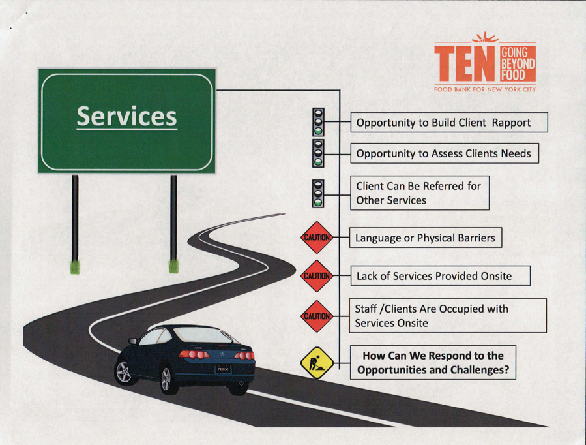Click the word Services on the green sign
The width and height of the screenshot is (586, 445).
pyautogui.click(x=126, y=117)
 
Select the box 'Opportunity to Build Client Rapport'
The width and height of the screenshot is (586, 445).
pyautogui.click(x=449, y=122)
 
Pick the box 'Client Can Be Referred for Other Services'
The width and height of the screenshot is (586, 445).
pyautogui.click(x=420, y=193)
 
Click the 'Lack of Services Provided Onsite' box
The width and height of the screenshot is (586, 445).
pyautogui.click(x=440, y=276)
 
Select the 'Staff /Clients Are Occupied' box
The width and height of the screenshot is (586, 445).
pyautogui.click(x=448, y=316)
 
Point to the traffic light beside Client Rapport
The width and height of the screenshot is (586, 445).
pyautogui.click(x=318, y=121)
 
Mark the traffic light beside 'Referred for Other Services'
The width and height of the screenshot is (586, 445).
pyautogui.click(x=318, y=193)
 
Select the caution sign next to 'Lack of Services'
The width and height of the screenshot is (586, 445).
pyautogui.click(x=317, y=276)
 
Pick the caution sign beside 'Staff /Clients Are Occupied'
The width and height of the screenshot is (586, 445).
pyautogui.click(x=317, y=316)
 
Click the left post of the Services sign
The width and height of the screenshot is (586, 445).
pyautogui.click(x=75, y=222)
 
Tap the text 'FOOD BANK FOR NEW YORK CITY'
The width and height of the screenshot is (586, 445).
pyautogui.click(x=484, y=89)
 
